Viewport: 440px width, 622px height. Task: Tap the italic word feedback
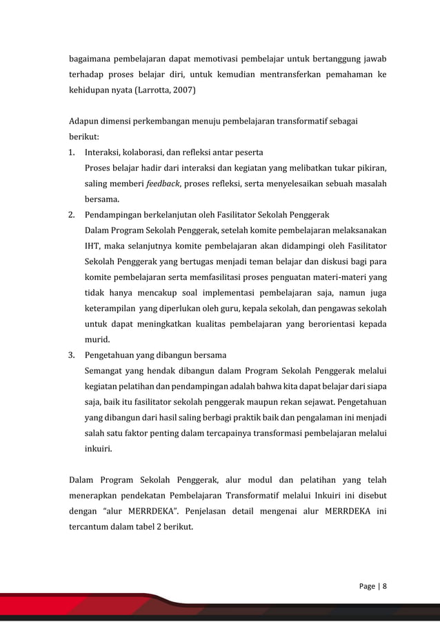164,184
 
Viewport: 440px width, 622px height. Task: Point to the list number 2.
71,215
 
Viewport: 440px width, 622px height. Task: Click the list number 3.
71,356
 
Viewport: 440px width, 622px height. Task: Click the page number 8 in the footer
385,586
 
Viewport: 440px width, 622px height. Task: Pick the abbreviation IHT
92,246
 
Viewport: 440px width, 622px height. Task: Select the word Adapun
85,121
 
